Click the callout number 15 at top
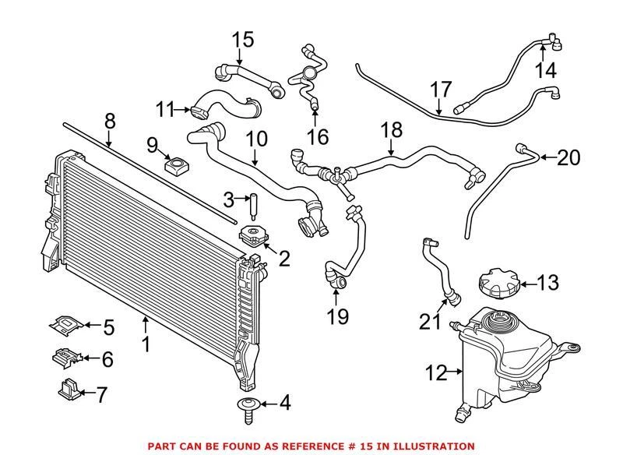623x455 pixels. (x=243, y=38)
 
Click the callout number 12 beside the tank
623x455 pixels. (x=437, y=373)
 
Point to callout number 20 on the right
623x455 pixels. (x=569, y=158)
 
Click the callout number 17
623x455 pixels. (x=441, y=87)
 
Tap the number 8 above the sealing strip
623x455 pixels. (x=109, y=121)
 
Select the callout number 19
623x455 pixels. (x=337, y=316)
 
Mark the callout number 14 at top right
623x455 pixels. (x=545, y=71)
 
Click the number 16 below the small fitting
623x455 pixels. (x=317, y=137)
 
